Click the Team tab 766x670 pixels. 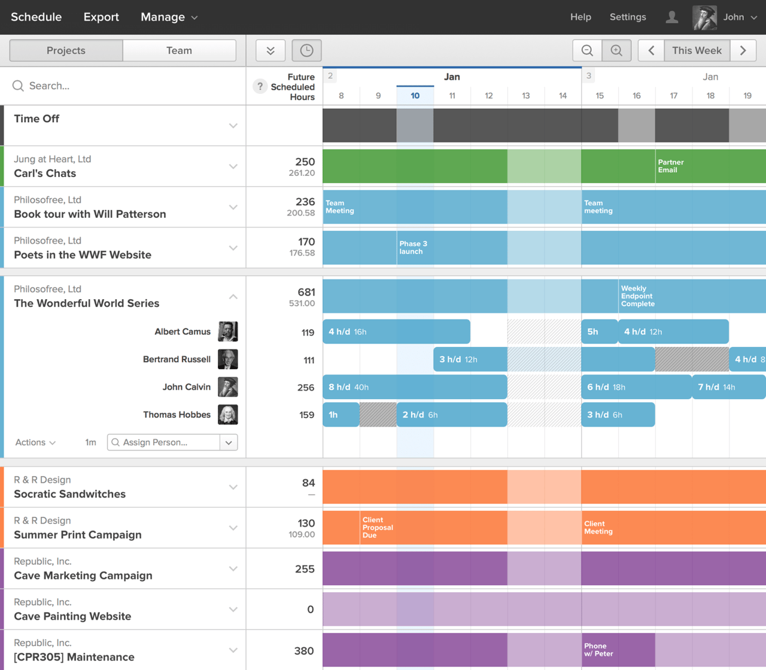[179, 51]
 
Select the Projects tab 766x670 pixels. [66, 51]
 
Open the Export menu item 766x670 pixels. [101, 17]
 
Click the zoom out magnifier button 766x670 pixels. [587, 51]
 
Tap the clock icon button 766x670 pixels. [306, 51]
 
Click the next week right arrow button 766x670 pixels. [743, 51]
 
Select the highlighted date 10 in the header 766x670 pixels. [415, 96]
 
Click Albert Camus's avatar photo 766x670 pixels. [228, 331]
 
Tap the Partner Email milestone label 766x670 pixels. [670, 166]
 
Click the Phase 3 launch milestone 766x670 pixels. [413, 248]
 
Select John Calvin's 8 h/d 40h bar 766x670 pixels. [414, 387]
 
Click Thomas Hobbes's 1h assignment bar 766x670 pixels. [341, 415]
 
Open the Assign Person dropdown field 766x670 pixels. [172, 442]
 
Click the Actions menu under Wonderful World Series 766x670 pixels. [35, 442]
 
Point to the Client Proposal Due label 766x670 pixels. [377, 528]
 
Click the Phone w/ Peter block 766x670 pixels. [618, 650]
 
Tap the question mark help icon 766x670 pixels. [260, 87]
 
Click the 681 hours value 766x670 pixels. [306, 293]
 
